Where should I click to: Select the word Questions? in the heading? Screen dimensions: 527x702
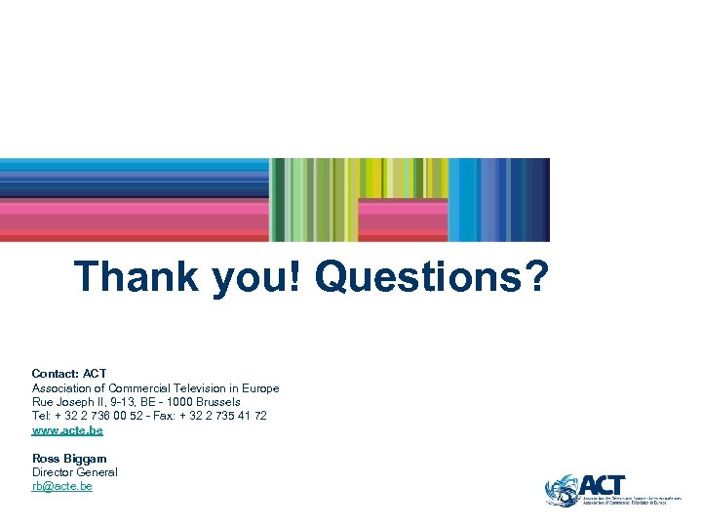tap(431, 276)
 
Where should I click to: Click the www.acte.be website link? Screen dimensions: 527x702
tap(67, 430)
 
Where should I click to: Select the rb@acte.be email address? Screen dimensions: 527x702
tap(61, 486)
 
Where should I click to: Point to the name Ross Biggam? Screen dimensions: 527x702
tap(69, 459)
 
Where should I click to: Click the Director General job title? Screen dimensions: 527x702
tap(74, 472)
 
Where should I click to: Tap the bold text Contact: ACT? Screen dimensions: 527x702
tap(69, 374)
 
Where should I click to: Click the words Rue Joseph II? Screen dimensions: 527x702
tap(67, 402)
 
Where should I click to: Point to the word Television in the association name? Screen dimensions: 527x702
tap(200, 388)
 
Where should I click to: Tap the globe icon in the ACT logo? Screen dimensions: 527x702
tap(562, 490)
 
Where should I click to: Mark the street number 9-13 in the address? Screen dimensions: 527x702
tap(124, 402)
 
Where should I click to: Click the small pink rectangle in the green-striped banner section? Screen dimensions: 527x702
tap(403, 220)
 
